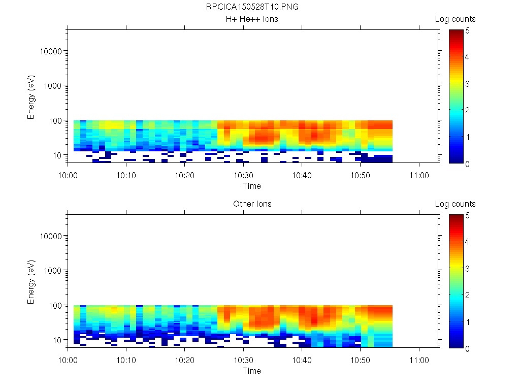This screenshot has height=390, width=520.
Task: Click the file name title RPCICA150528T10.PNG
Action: pos(252,7)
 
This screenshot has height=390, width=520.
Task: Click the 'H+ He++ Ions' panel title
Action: pos(252,19)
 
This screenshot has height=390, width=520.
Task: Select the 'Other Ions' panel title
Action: pos(252,204)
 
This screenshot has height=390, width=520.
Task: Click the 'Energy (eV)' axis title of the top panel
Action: pos(31,96)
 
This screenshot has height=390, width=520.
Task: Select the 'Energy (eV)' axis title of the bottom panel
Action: pos(31,281)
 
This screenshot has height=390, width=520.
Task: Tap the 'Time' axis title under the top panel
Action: pos(251,186)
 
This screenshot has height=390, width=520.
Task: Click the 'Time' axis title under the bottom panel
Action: pos(251,371)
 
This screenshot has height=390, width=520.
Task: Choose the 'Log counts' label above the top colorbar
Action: pos(455,19)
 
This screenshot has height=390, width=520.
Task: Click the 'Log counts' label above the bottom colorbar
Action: pos(455,204)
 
